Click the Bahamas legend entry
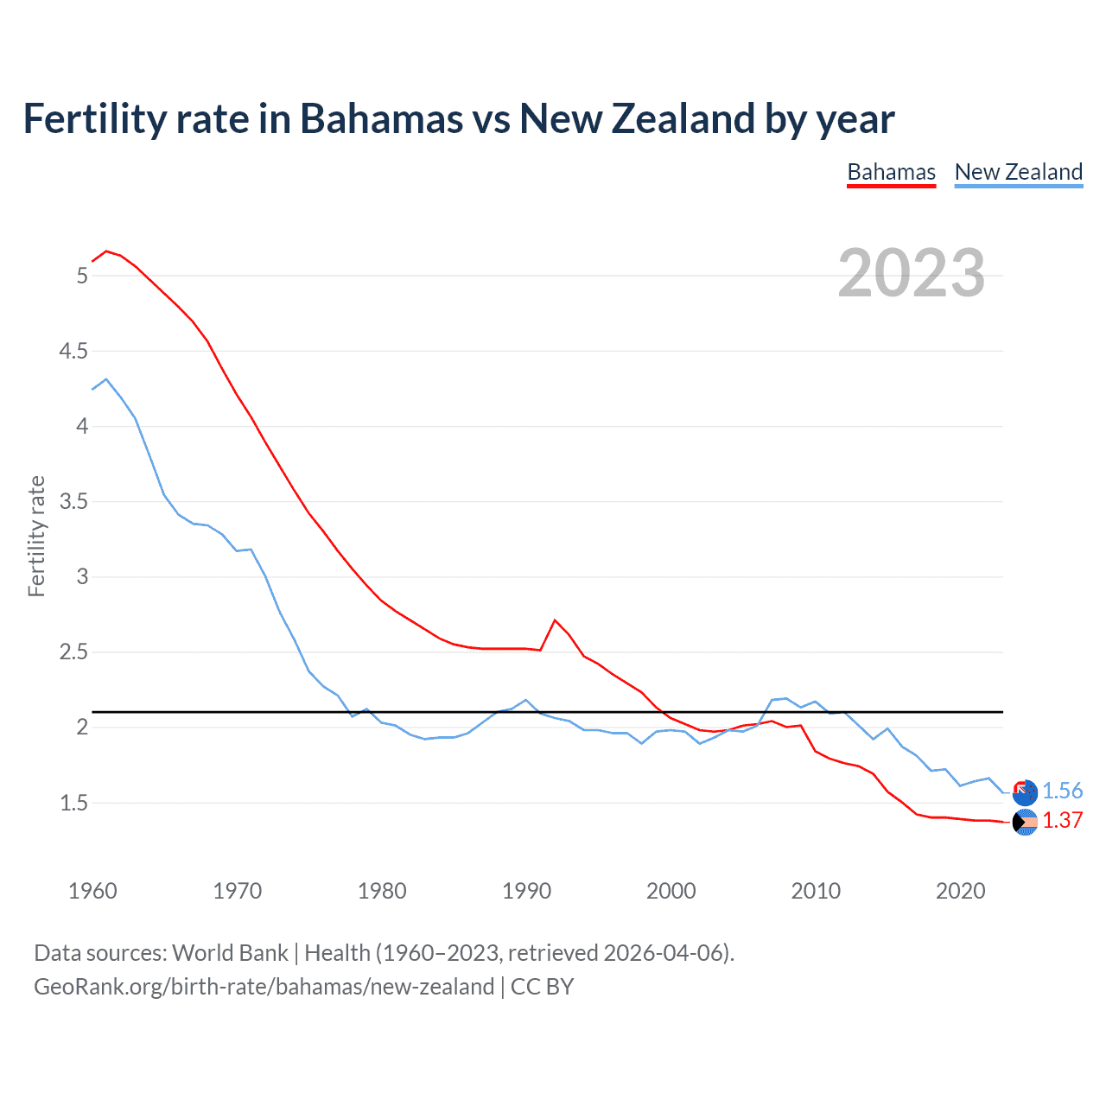tap(891, 172)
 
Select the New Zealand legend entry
tap(1018, 172)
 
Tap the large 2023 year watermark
tap(911, 273)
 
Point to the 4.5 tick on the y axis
tap(73, 351)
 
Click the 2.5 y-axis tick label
tap(73, 652)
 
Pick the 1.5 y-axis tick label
tap(73, 803)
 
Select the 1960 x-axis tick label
tap(92, 891)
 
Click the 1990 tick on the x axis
tap(526, 891)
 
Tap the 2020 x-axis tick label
tap(960, 891)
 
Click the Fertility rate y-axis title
tap(36, 536)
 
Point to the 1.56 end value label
tap(1062, 791)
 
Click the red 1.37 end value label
tap(1062, 820)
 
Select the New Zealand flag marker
tap(1025, 792)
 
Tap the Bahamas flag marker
tap(1025, 823)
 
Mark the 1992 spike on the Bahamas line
tap(555, 620)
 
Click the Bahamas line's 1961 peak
tap(106, 251)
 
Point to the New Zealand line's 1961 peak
tap(106, 378)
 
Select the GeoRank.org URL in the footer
tap(264, 987)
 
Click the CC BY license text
tap(542, 987)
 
